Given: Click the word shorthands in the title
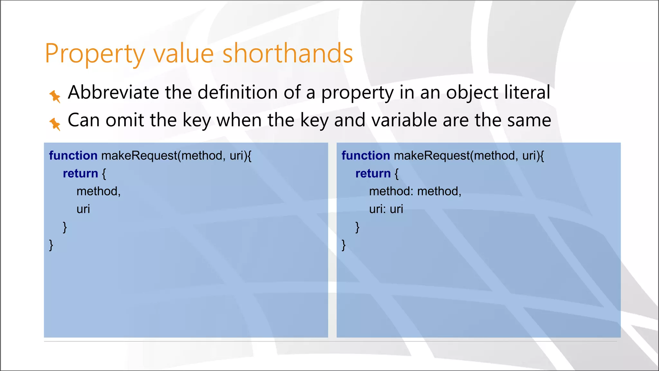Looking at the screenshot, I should coord(288,53).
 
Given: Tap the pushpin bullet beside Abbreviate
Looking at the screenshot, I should coord(55,96).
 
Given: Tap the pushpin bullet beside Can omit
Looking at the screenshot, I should coord(55,124).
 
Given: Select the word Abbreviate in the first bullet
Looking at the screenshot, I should coord(113,92).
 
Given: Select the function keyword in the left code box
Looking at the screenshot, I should coord(73,156).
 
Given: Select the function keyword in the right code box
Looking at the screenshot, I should coord(366,156).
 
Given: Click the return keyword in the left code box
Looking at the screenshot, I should coord(80,174).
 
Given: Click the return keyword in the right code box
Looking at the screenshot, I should coord(373,174).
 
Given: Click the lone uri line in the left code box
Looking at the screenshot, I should coord(83,209).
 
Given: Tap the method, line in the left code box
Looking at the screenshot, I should coord(98,191).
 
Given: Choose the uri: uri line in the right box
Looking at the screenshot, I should coord(386,209).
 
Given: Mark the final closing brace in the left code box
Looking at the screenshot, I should coord(51,245).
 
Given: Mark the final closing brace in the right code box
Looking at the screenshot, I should coord(343,245).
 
